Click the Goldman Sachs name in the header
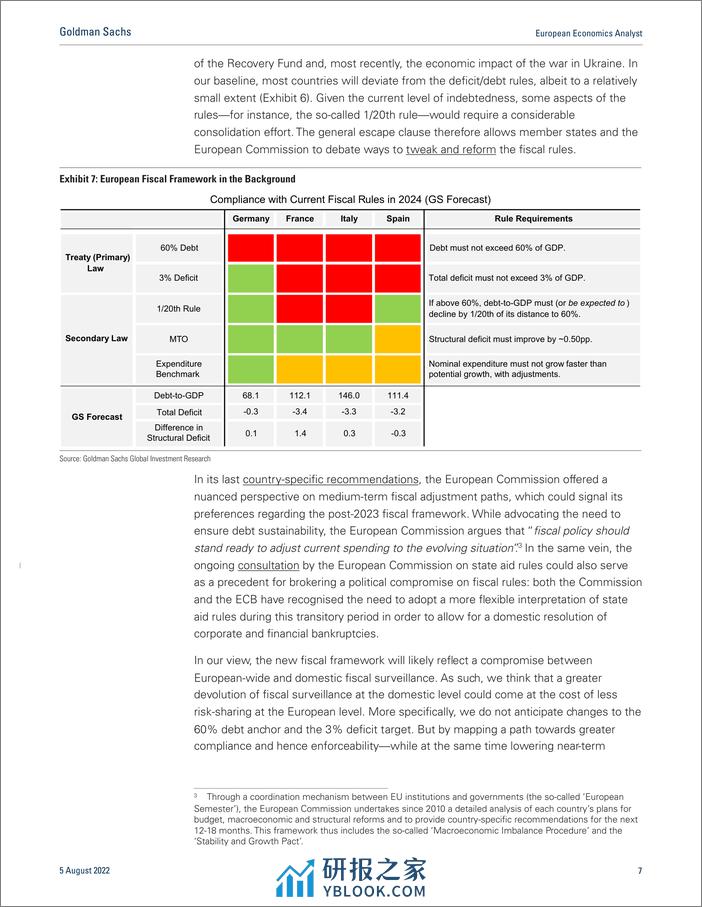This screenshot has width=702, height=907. pyautogui.click(x=95, y=32)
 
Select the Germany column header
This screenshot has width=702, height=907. pyautogui.click(x=251, y=218)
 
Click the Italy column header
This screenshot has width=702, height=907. pyautogui.click(x=349, y=218)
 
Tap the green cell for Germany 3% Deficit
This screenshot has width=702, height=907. pyautogui.click(x=251, y=277)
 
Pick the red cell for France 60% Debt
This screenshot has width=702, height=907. pyautogui.click(x=300, y=246)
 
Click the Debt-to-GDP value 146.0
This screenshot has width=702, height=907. pyautogui.click(x=349, y=396)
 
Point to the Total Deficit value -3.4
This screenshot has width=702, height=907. pyautogui.click(x=300, y=412)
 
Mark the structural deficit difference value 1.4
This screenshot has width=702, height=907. pyautogui.click(x=300, y=433)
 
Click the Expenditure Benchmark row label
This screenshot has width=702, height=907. pyautogui.click(x=179, y=369)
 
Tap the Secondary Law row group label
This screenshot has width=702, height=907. pyautogui.click(x=97, y=338)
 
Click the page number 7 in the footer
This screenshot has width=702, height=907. pyautogui.click(x=639, y=870)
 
